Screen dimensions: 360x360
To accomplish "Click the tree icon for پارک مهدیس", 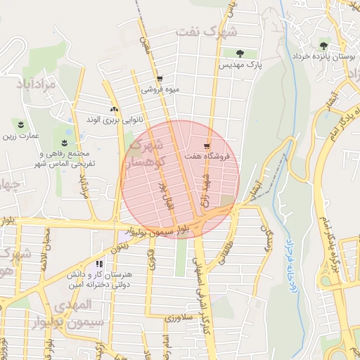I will pos(240,53).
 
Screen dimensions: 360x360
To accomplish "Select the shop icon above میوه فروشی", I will pos(160,79).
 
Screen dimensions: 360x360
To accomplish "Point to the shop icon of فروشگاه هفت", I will pos(206,146).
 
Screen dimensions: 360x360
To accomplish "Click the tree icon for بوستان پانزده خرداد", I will pos(324,44).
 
